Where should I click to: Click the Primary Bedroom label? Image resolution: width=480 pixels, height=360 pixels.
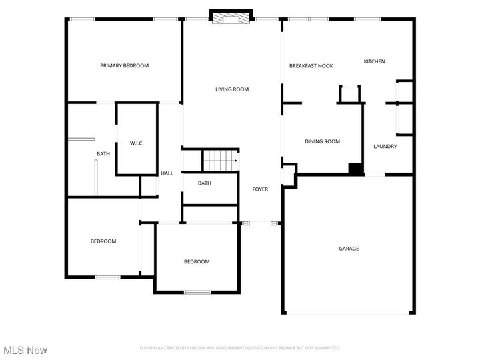click(124, 65)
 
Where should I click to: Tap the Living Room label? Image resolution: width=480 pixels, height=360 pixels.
click(231, 89)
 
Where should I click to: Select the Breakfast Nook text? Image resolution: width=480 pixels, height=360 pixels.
click(311, 65)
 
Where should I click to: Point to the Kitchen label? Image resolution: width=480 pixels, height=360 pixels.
click(374, 61)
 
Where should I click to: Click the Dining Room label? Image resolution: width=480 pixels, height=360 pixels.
click(322, 141)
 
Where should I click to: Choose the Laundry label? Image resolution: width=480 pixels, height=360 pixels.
click(385, 147)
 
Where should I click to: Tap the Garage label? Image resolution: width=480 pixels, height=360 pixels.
click(349, 249)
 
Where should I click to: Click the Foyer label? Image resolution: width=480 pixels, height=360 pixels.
click(260, 189)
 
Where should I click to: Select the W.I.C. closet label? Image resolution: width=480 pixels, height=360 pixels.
click(137, 143)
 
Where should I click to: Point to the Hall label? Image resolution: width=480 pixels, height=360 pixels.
click(167, 173)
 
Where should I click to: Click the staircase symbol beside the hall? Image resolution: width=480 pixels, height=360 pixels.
click(221, 161)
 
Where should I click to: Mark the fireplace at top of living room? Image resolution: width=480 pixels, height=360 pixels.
click(231, 17)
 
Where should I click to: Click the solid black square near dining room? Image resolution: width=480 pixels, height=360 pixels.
click(357, 169)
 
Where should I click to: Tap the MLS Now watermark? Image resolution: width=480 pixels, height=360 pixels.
click(25, 349)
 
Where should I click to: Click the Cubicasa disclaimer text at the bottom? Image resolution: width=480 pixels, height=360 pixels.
click(239, 347)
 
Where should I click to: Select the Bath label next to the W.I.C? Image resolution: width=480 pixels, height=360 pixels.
click(103, 154)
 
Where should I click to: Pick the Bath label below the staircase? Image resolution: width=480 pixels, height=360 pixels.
click(205, 183)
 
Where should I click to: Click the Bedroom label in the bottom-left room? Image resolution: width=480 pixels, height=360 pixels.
click(103, 241)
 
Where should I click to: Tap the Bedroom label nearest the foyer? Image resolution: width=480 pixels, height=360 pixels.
click(197, 261)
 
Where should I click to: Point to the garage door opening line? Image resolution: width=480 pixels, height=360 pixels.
click(349, 313)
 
